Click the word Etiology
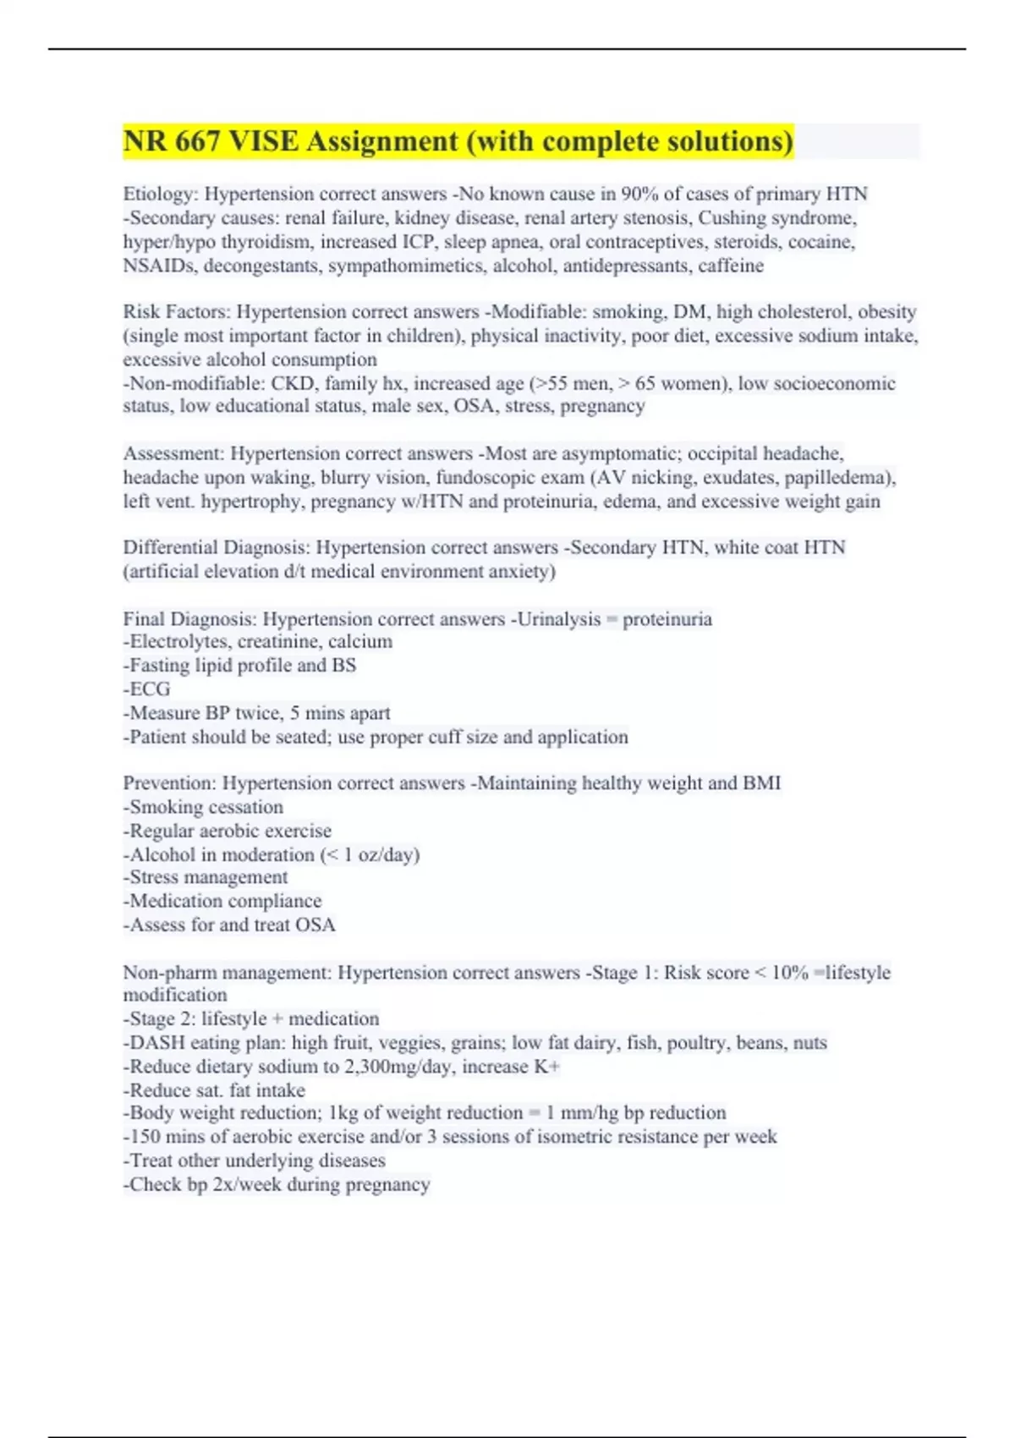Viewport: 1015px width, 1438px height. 160,195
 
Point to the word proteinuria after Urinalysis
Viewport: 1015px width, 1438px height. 667,619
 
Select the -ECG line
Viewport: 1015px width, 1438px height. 147,689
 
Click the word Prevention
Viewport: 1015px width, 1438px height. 168,783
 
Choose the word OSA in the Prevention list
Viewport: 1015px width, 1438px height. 315,925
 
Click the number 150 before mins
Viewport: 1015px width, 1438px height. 145,1137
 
